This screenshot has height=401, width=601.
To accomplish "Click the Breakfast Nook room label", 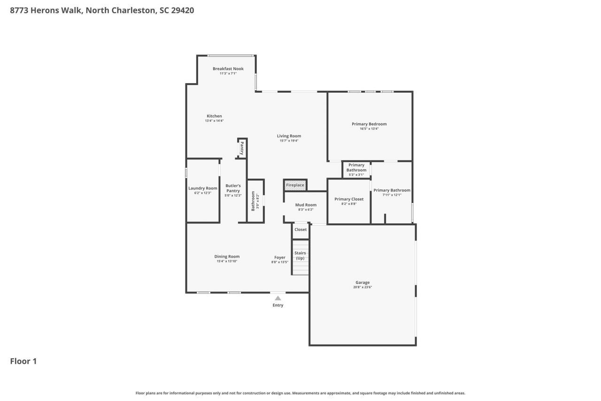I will pos(228,69).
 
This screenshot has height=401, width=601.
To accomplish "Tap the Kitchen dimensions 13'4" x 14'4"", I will pos(214,121).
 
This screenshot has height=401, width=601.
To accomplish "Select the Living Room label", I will pos(289,136).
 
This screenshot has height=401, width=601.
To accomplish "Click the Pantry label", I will pos(242,149).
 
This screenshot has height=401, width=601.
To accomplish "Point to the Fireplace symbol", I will pos(295,185).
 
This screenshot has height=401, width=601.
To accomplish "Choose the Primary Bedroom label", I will pos(369,124).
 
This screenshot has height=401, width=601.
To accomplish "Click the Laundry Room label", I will pos(203,188).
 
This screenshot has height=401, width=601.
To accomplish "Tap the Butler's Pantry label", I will pos(233,188).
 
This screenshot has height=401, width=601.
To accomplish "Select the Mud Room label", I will pos(306,204).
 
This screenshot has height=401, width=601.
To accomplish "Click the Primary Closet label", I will pos(349,199).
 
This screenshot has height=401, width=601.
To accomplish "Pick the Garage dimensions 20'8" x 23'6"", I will pos(362,287).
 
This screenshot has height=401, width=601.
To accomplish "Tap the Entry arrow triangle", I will pos(278,298).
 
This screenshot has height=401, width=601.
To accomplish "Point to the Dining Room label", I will pos(227,257).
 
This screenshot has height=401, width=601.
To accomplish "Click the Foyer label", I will pos(280,257).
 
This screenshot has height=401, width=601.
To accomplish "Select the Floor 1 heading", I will pos(23,361).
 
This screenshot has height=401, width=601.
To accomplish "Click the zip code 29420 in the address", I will pos(183,10).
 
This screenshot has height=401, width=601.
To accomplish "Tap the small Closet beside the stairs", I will pos(300,229).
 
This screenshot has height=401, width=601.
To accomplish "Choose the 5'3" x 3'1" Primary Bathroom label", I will pos(356,167).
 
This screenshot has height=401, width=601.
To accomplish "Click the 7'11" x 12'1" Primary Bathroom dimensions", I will pos(392,195).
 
